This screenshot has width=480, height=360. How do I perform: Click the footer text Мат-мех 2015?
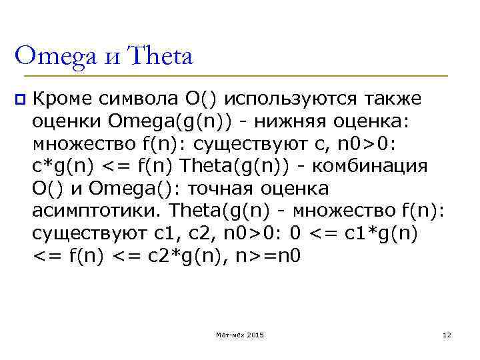click(x=239, y=334)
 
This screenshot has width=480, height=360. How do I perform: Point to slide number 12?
click(x=447, y=334)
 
